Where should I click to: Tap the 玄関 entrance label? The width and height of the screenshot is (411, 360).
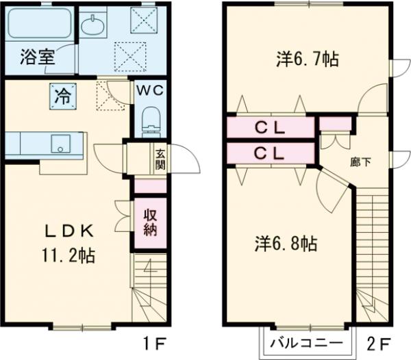pos(160,159)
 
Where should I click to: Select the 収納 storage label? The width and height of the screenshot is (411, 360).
pos(150,221)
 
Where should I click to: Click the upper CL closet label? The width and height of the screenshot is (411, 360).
pos(270,127)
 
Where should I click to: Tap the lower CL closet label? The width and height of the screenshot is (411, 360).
pos(270,153)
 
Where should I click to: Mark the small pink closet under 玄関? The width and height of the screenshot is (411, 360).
pos(150,186)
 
